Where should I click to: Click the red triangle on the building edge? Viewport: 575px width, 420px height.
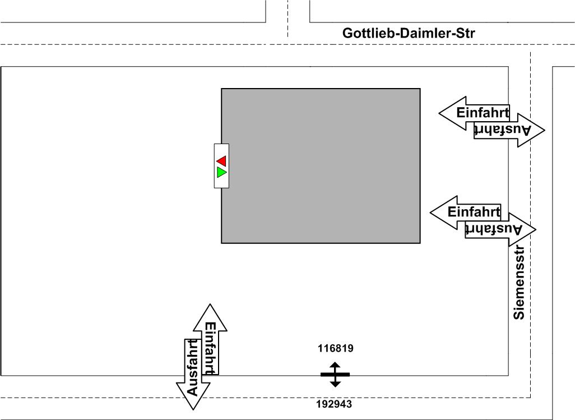(x=221, y=161)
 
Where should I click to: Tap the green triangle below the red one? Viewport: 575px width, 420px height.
(x=221, y=172)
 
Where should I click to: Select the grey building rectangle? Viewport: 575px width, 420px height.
(x=321, y=165)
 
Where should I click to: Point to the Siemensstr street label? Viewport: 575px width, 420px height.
(x=520, y=283)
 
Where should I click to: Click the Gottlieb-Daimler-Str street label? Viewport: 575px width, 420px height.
(x=409, y=34)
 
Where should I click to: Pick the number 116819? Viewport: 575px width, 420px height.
(x=335, y=348)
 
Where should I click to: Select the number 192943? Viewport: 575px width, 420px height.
(x=335, y=404)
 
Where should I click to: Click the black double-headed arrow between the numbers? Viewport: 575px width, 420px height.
(x=335, y=375)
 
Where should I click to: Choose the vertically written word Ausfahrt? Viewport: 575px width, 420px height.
(x=192, y=367)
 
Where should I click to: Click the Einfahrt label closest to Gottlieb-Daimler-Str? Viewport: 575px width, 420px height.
(x=483, y=112)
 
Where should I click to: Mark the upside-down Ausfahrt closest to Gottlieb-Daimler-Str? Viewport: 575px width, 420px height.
(x=502, y=130)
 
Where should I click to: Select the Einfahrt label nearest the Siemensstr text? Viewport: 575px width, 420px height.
(x=474, y=212)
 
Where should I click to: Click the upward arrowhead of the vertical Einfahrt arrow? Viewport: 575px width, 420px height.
(x=210, y=315)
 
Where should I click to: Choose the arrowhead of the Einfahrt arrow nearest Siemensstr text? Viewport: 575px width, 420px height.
(x=442, y=212)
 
